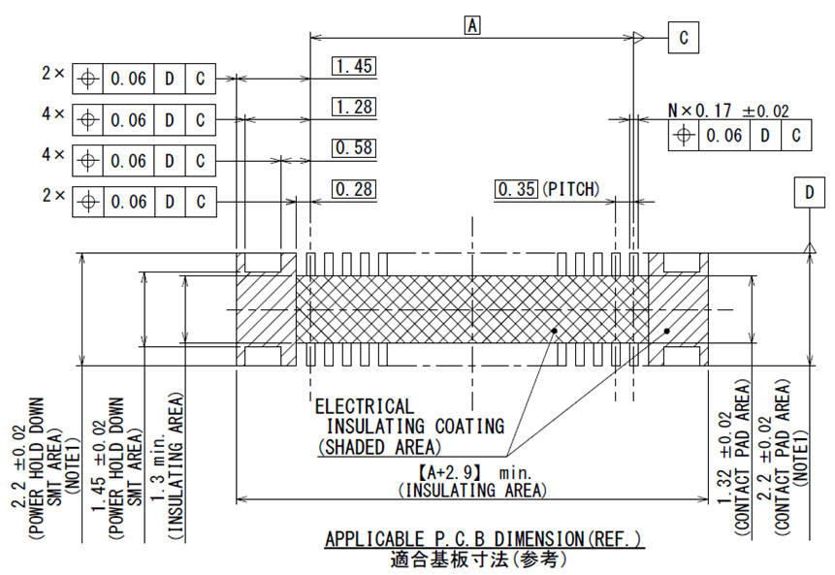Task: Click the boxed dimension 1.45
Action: [x=353, y=66]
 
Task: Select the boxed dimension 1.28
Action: [x=353, y=107]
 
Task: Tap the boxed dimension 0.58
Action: [x=353, y=147]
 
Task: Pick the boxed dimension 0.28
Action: [x=353, y=188]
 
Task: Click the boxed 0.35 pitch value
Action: [x=516, y=188]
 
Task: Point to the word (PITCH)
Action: [x=570, y=188]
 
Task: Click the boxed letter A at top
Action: [x=472, y=25]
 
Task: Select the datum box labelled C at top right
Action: [x=683, y=38]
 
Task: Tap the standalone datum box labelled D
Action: [x=808, y=193]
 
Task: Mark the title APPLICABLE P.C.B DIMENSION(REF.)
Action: [x=483, y=538]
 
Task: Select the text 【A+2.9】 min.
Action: [x=470, y=472]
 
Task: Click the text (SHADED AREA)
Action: [x=379, y=446]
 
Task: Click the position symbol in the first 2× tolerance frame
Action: [x=87, y=78]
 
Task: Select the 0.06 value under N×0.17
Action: [x=723, y=136]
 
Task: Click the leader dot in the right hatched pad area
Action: [x=667, y=332]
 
